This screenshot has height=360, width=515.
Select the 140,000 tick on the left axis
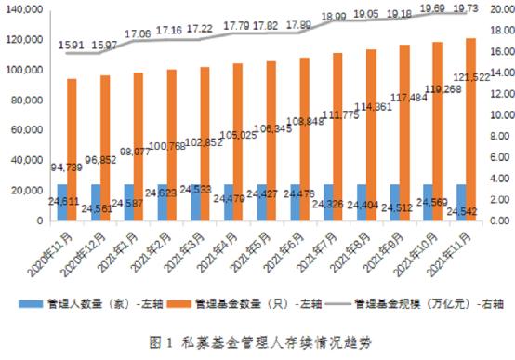[x=24, y=8]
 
